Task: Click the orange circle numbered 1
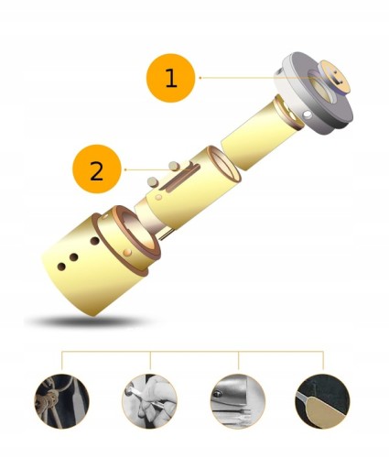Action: [x=171, y=78]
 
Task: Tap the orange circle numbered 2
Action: [x=97, y=169]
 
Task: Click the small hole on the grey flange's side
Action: [x=307, y=115]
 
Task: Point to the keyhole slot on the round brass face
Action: [x=337, y=77]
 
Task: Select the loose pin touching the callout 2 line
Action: [x=174, y=166]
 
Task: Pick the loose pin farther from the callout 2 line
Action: [x=152, y=181]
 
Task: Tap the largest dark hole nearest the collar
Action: [x=95, y=241]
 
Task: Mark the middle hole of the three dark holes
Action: [x=73, y=257]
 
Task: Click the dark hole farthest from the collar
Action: [x=61, y=267]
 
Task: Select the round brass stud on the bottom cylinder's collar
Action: [x=128, y=252]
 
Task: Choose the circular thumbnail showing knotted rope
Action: [x=61, y=402]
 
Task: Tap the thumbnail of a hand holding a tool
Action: [x=150, y=401]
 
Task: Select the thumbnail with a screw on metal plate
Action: [x=238, y=401]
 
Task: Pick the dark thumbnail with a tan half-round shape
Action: [x=323, y=401]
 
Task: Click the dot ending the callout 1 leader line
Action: [x=200, y=78]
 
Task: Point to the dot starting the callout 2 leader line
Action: [x=125, y=169]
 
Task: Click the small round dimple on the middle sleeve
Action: [x=158, y=198]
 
